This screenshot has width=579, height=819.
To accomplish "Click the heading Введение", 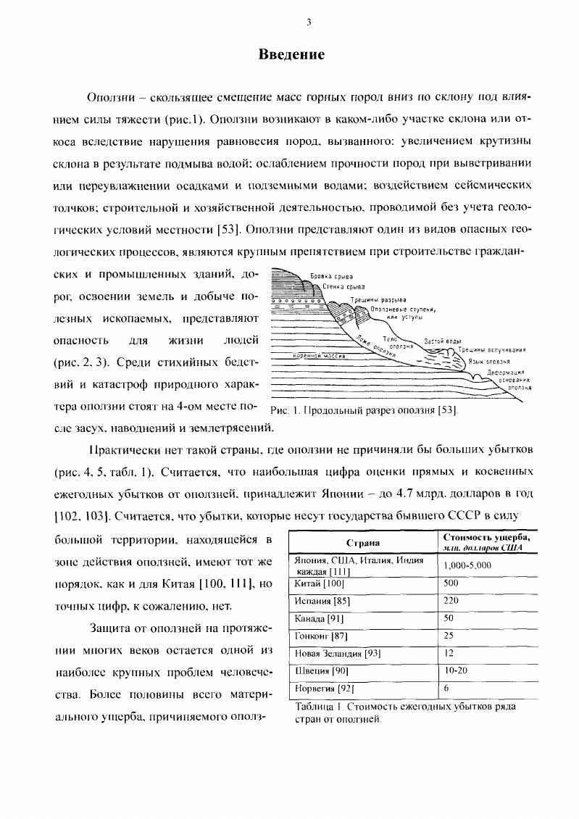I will (x=292, y=55).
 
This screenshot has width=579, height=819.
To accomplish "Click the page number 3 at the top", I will (x=309, y=22).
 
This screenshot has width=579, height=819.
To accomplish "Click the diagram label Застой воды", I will (x=442, y=341).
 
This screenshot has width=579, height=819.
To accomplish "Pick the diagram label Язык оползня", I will (x=483, y=361).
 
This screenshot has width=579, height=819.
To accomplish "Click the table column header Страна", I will (x=363, y=543).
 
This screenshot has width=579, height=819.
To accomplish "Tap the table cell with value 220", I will (x=451, y=601).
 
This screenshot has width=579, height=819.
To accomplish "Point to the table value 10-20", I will (x=456, y=671).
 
